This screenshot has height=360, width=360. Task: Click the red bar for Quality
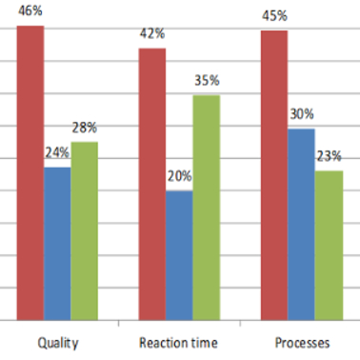30,173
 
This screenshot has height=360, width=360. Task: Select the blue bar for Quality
57,244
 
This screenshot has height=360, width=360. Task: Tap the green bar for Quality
85,230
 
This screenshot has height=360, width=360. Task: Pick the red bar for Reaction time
152,184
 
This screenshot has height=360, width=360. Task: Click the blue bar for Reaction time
179,255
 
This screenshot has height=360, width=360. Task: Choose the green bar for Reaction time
207,208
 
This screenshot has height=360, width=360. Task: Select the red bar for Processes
274,175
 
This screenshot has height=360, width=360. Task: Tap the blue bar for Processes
301,225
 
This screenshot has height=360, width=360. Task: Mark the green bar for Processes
329,246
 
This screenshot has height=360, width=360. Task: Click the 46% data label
30,10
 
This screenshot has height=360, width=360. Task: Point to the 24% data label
57,152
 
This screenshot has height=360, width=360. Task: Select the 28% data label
84,128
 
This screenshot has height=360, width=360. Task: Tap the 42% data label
152,33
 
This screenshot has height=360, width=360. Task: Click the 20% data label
180,176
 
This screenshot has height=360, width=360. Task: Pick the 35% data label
207,80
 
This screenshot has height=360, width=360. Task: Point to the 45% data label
274,16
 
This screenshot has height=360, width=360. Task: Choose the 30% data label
302,114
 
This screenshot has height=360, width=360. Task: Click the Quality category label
58,343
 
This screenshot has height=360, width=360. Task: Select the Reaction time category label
179,343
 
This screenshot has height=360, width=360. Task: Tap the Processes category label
302,343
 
